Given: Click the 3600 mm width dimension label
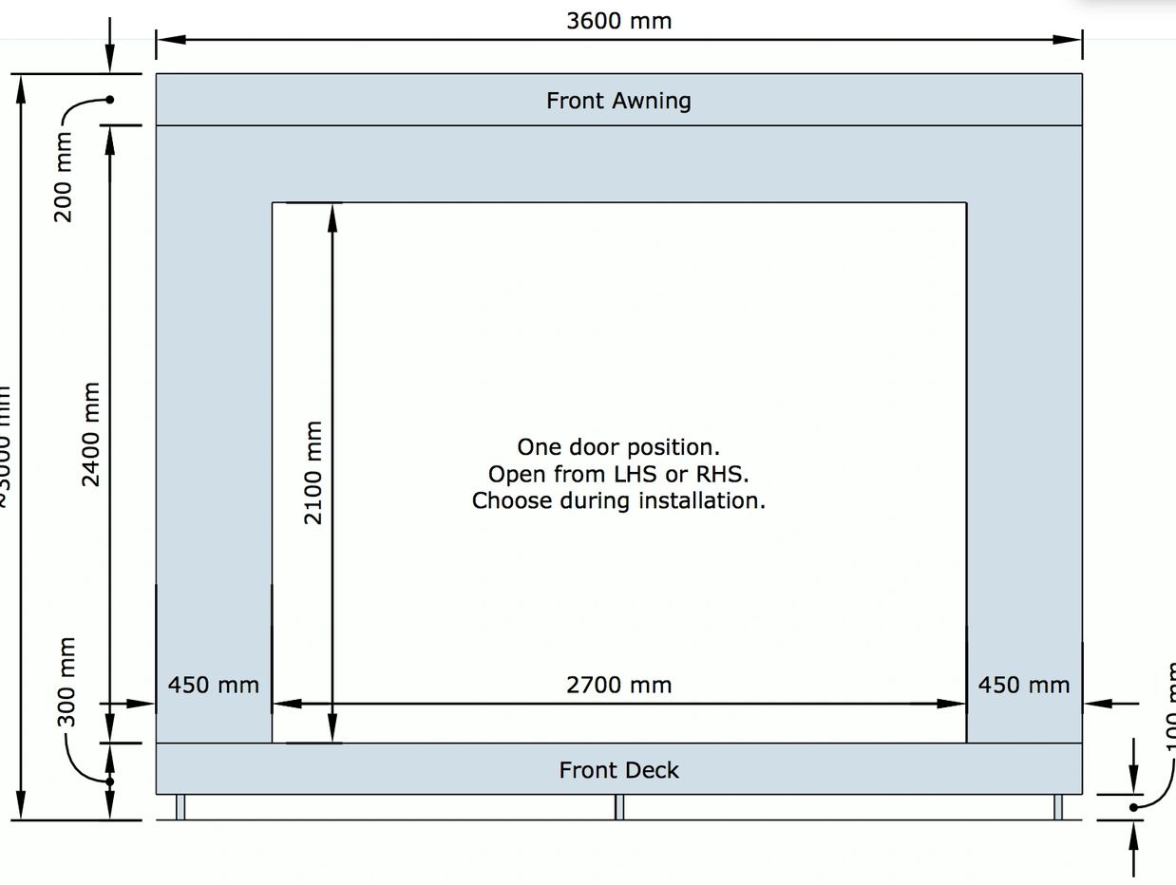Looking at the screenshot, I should click(618, 21).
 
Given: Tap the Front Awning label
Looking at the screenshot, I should click(618, 101).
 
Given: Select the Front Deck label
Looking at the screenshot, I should click(618, 770).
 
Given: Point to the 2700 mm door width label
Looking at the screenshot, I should click(618, 685).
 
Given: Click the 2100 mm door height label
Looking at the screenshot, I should click(313, 473).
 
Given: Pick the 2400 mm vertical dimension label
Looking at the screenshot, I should click(91, 434).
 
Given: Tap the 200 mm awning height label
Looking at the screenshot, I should click(64, 177).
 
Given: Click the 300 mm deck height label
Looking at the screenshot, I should click(66, 683).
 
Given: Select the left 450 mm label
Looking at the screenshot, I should click(214, 685).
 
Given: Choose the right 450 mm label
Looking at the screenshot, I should click(1024, 685).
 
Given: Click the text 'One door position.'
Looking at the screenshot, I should click(618, 447).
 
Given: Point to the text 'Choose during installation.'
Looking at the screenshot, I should click(618, 500).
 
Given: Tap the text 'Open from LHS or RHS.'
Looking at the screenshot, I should click(618, 474).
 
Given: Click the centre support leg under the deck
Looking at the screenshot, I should click(619, 807).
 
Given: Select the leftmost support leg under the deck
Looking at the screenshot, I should click(180, 807).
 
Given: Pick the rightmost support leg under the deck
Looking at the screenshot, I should click(1058, 807).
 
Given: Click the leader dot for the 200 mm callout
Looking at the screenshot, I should click(110, 100).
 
